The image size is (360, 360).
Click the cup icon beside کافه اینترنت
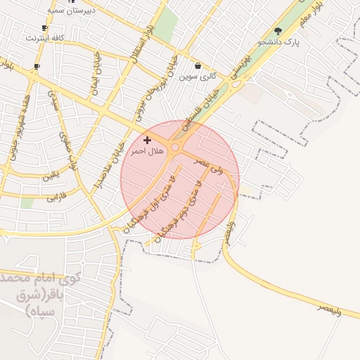coord(45,28)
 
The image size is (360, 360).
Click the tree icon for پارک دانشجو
coord(278,31)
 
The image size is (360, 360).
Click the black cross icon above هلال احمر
coord(146,141)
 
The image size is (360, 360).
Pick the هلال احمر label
coord(147,151)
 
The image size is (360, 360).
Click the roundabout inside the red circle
coord(175,148)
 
